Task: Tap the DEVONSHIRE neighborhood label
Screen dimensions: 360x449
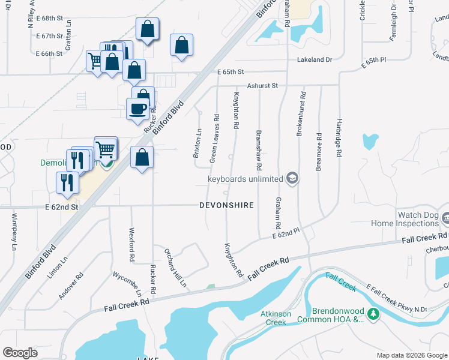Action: click(x=226, y=205)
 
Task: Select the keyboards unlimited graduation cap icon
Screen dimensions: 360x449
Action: click(x=292, y=178)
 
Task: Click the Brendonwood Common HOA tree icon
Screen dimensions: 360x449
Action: click(x=373, y=314)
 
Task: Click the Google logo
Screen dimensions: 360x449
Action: click(x=20, y=352)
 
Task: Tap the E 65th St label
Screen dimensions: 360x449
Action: click(x=231, y=72)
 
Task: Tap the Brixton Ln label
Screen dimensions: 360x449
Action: click(x=196, y=143)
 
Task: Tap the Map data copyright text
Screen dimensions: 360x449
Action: click(x=411, y=355)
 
